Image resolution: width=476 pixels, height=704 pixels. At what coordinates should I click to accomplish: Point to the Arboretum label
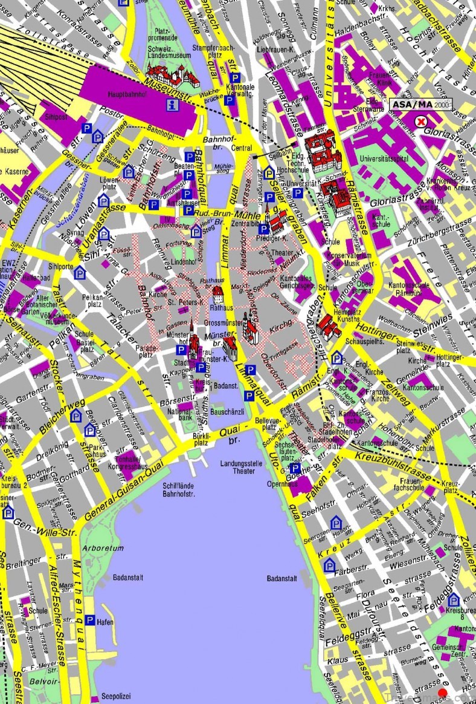coord(108,548)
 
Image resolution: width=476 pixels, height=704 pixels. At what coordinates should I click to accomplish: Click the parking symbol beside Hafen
coord(90,620)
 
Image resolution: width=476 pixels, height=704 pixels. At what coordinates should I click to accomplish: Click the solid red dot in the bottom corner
coord(443,693)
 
